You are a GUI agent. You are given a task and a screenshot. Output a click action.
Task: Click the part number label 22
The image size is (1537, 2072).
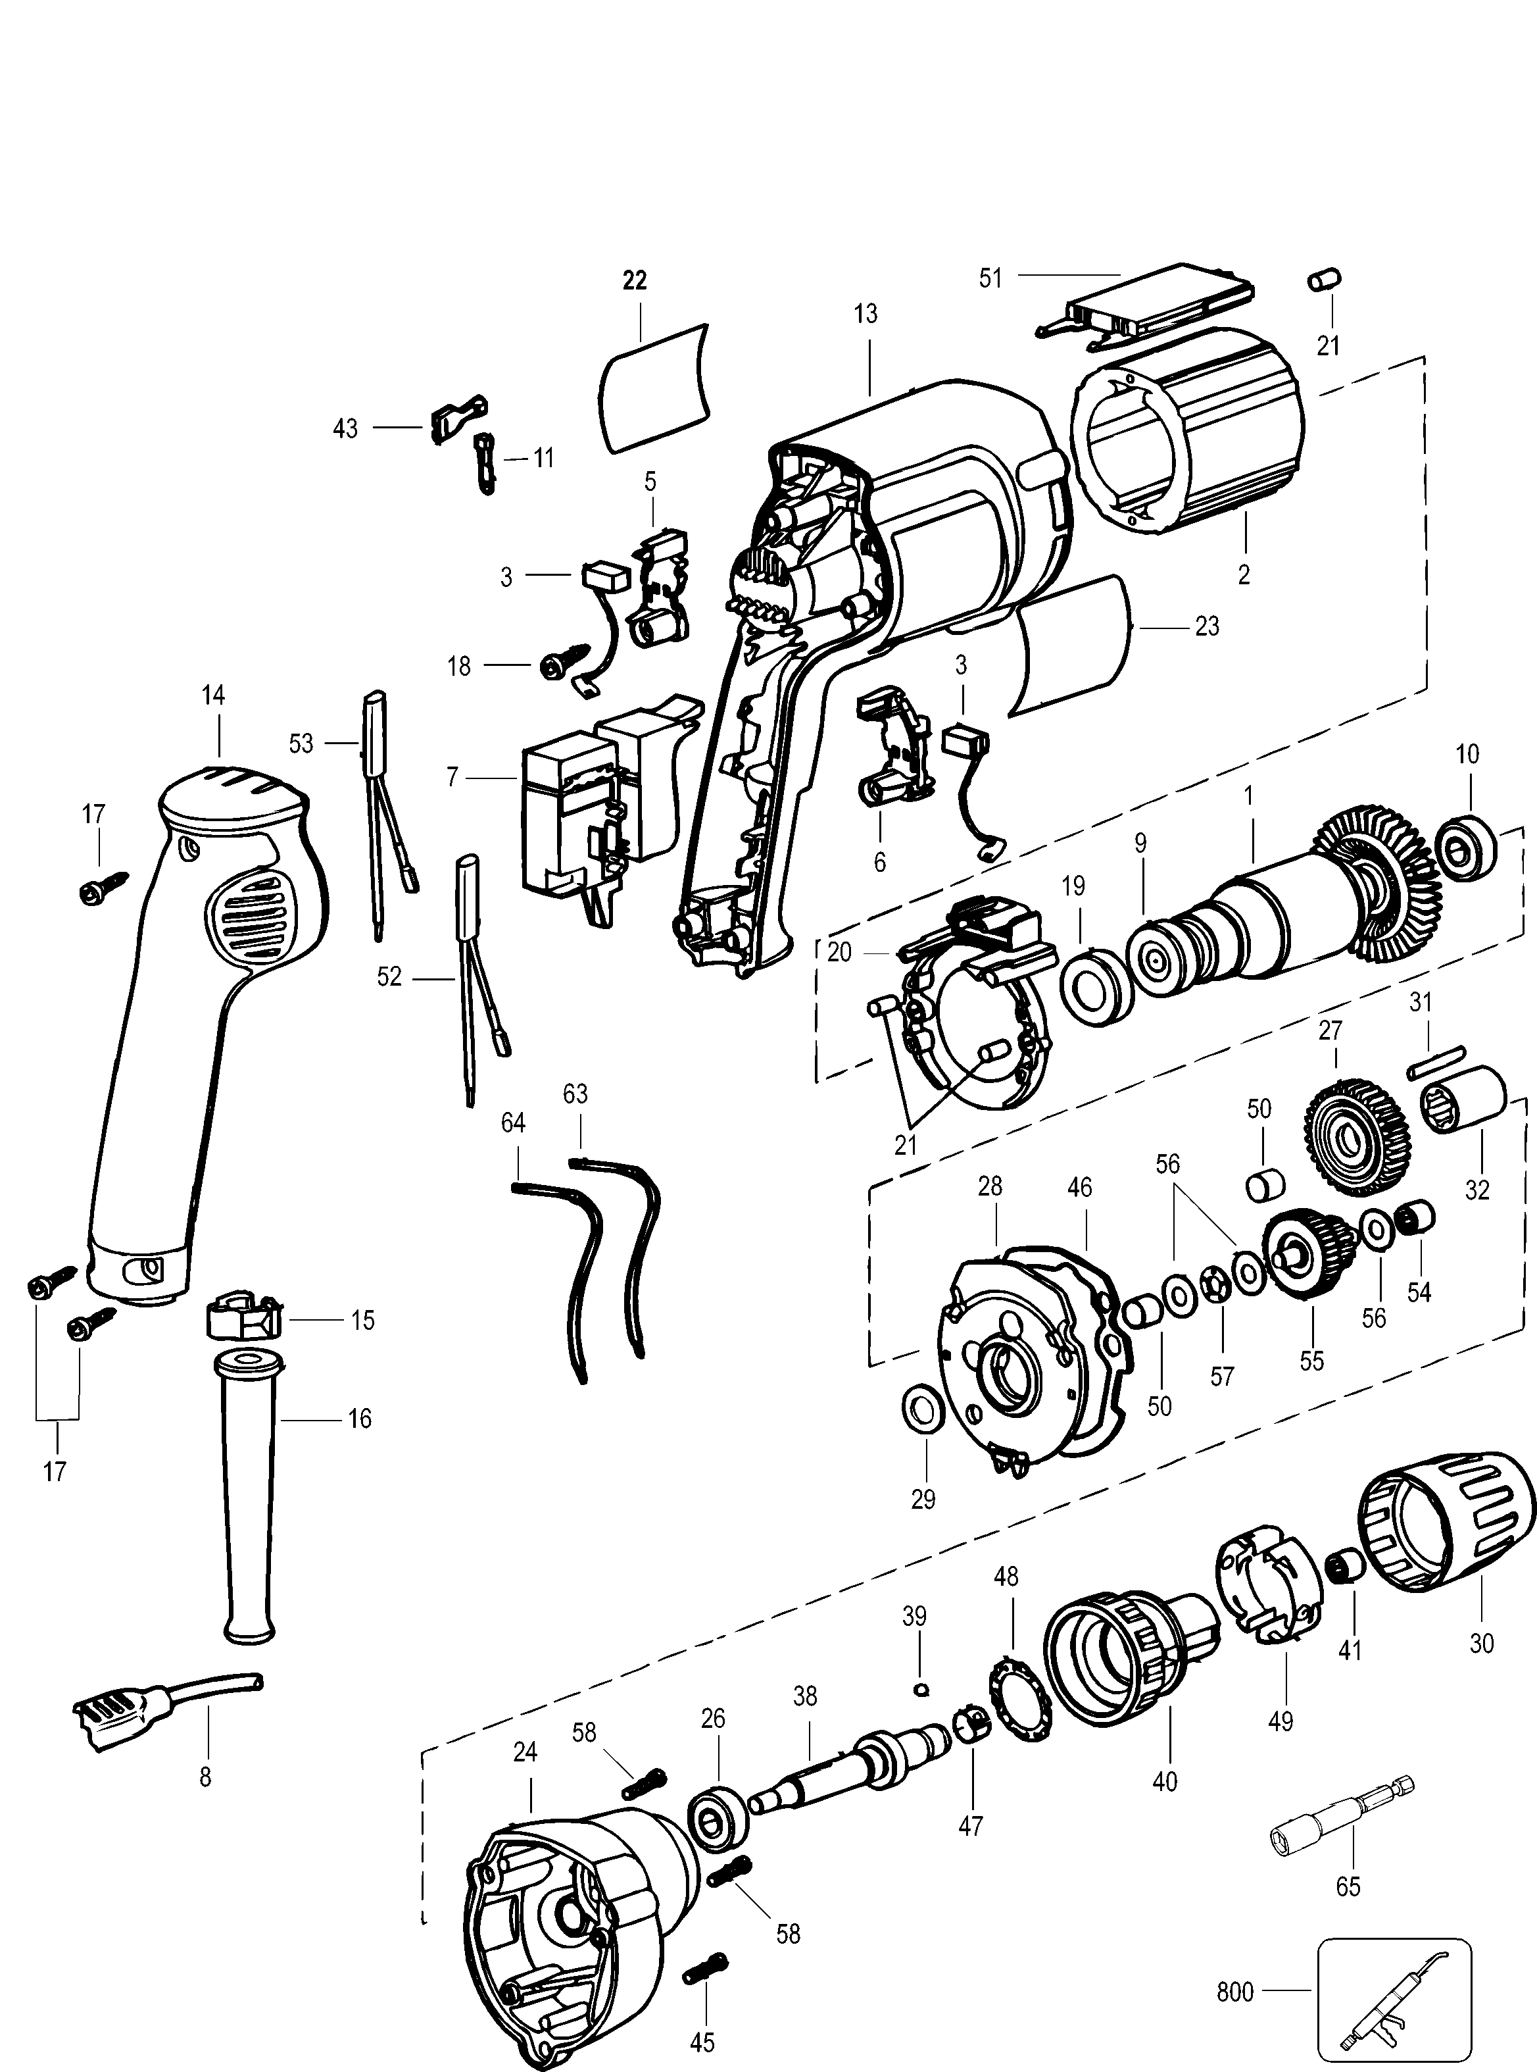pos(635,280)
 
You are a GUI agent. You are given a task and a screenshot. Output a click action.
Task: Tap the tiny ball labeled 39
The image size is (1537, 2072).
pos(922,1690)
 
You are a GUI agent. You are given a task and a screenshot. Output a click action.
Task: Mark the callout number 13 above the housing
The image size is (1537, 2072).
pos(866,315)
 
